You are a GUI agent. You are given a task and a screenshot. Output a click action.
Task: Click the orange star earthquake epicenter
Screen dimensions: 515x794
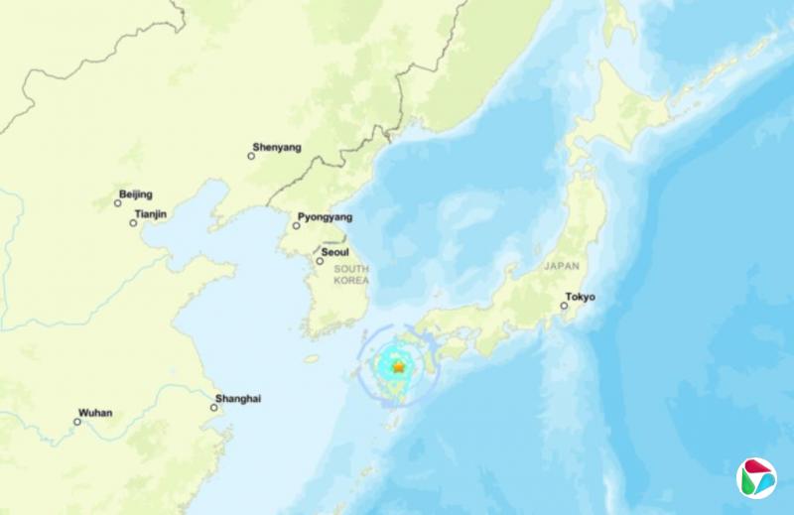tap(398, 367)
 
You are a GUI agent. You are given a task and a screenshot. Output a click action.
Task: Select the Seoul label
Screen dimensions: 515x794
tap(334, 252)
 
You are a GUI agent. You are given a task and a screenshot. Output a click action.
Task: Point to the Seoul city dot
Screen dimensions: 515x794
tap(320, 261)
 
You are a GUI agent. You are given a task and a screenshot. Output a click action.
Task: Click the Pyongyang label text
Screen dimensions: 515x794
tap(326, 216)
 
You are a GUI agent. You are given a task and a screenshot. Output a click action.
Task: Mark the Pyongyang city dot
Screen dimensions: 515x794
tap(296, 226)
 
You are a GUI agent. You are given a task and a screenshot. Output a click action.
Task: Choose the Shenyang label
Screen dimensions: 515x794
tap(276, 147)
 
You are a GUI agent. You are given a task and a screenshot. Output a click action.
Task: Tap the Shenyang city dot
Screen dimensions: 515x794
tap(251, 156)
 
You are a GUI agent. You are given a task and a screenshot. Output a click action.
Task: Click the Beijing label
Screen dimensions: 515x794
tap(136, 193)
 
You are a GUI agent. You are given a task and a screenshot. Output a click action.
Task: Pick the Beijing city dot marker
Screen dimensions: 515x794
tap(118, 202)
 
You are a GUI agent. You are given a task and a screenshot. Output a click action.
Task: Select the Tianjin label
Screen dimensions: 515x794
tap(151, 213)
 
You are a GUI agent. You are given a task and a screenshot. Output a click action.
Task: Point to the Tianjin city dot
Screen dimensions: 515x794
tap(133, 222)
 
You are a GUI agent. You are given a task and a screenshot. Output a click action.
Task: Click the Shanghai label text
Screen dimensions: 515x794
tap(239, 398)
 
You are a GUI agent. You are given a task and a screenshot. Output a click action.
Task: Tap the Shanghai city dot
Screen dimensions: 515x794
tap(213, 407)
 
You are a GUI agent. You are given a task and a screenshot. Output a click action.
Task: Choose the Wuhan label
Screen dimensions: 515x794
tap(96, 412)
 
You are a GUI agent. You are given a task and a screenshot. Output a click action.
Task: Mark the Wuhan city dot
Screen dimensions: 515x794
tap(77, 421)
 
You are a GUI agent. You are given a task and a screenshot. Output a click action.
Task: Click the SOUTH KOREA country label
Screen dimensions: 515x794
tap(352, 275)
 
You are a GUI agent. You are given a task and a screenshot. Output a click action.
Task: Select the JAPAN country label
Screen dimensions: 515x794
tap(561, 266)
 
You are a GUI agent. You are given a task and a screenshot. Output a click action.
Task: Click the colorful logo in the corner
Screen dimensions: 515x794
tap(756, 478)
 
